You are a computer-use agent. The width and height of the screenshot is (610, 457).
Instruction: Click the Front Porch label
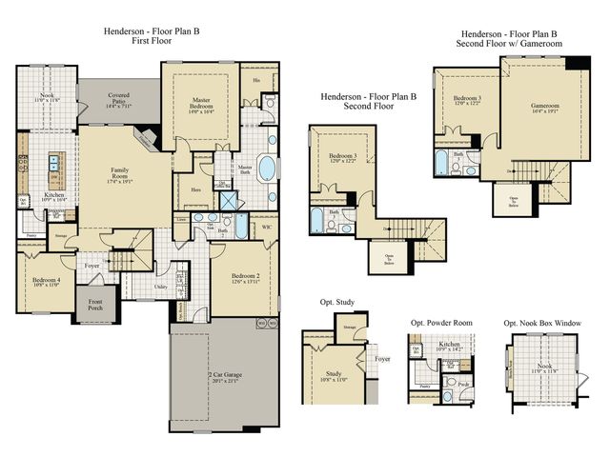pyautogui.click(x=96, y=305)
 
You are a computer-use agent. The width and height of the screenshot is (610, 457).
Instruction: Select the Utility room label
pyautogui.click(x=161, y=285)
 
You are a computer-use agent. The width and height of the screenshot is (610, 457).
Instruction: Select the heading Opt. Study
pyautogui.click(x=338, y=302)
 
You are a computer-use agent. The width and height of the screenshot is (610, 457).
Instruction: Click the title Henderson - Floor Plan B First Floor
pyautogui.click(x=152, y=37)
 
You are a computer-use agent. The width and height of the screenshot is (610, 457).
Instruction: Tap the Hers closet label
pyautogui.click(x=196, y=189)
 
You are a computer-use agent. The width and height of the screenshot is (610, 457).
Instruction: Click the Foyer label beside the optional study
pyautogui.click(x=382, y=359)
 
